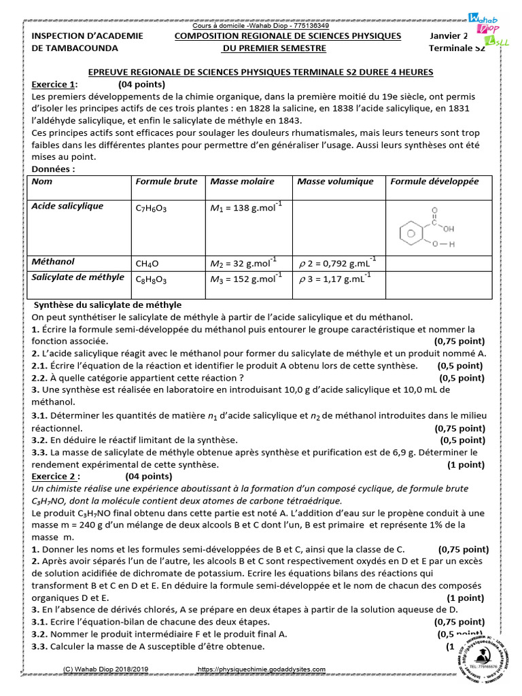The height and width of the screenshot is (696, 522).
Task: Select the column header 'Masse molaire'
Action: [242, 181]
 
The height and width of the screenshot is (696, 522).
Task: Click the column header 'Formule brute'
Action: [167, 181]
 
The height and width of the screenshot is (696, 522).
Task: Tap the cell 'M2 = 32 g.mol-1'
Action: [243, 262]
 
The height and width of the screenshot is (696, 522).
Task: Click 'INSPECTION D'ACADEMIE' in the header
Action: [84, 36]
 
